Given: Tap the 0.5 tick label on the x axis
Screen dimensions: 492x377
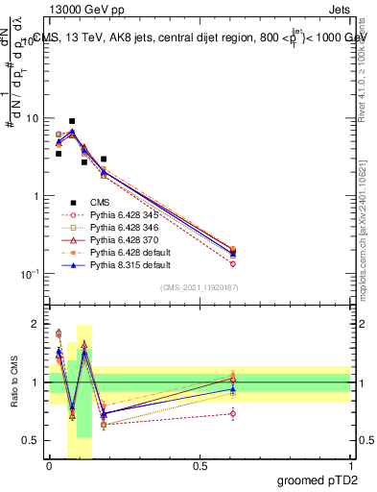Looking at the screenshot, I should point(200,467).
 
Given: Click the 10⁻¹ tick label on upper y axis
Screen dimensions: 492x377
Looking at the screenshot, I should point(31,274).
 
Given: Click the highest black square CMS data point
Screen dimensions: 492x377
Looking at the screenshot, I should point(72,121).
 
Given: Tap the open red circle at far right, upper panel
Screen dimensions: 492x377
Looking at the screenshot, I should point(233,263).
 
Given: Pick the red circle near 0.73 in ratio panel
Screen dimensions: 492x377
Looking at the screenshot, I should point(233,414).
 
